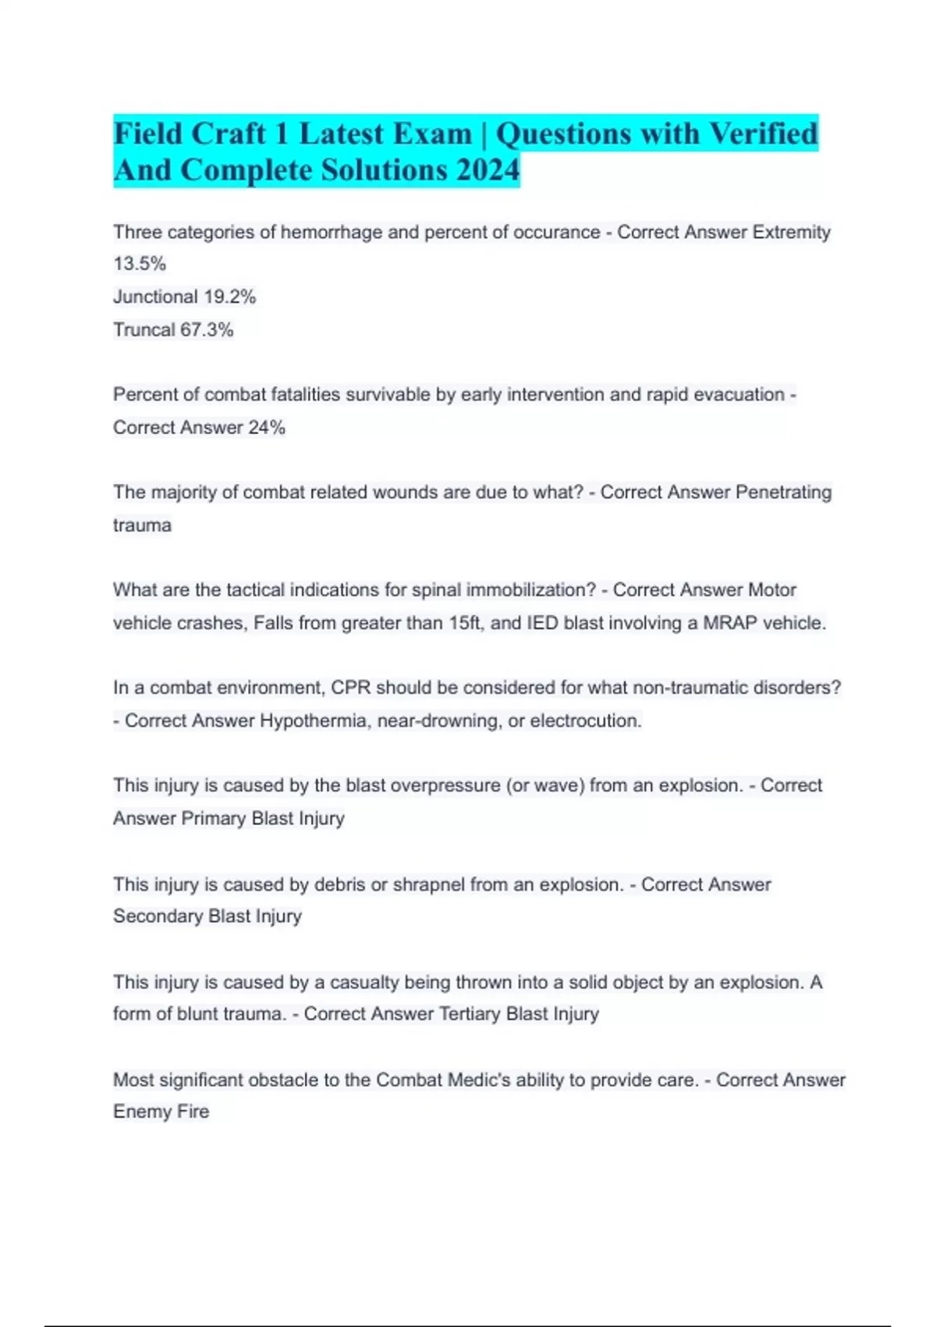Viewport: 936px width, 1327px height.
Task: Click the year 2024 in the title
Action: click(487, 170)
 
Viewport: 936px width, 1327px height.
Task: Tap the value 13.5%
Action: click(140, 264)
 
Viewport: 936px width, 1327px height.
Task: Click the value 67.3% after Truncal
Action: click(207, 329)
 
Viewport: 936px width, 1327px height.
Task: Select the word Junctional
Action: click(155, 297)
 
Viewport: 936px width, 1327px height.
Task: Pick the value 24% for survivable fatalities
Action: click(267, 427)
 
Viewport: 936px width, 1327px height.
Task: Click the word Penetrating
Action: click(783, 492)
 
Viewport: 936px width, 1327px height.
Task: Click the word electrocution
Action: click(585, 720)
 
